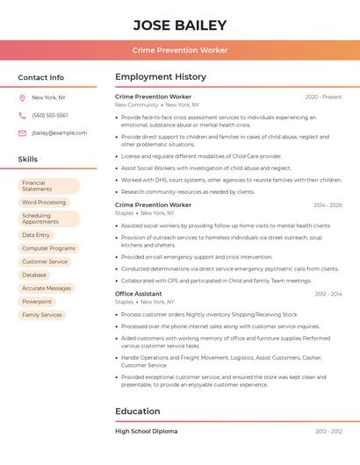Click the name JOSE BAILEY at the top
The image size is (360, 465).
click(180, 25)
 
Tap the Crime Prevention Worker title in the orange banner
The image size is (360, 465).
click(180, 50)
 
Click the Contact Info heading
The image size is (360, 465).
click(41, 77)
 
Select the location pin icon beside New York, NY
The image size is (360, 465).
click(22, 98)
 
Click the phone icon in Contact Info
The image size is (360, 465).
click(22, 116)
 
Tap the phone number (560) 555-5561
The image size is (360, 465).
click(50, 116)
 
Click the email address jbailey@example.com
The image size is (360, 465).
click(60, 133)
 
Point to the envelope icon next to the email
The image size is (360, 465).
click(22, 133)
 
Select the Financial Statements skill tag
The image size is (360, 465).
click(49, 186)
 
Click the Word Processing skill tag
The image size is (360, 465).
click(44, 203)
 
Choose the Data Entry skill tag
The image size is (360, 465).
click(36, 235)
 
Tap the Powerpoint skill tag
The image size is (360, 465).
click(37, 302)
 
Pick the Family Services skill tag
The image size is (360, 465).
click(42, 315)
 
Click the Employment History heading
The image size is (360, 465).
click(161, 77)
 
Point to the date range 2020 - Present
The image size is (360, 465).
click(323, 97)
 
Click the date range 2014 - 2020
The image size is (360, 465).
click(328, 205)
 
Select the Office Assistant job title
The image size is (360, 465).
click(139, 294)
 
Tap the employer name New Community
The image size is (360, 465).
click(137, 104)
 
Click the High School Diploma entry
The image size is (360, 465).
click(147, 432)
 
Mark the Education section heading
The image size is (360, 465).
click(138, 411)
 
